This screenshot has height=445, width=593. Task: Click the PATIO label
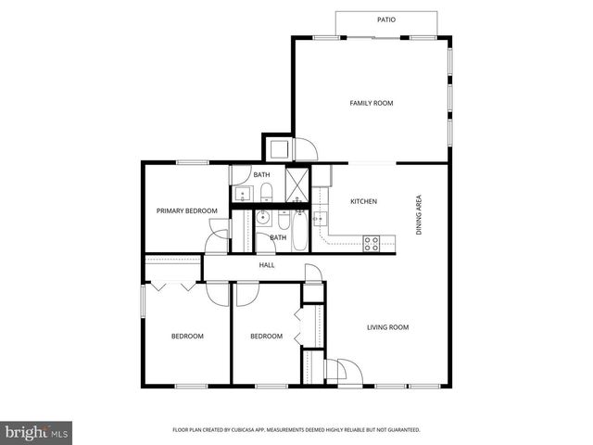386,19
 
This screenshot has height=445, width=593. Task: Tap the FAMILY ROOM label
371,103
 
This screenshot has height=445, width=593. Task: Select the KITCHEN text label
363,201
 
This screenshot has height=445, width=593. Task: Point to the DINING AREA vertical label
419,213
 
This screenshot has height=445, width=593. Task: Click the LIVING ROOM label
388,327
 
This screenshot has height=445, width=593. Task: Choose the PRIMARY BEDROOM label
186,211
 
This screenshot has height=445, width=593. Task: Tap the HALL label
267,265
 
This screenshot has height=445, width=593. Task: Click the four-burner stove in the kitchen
372,244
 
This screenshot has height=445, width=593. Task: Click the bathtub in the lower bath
300,232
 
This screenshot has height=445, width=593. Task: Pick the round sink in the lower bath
261,219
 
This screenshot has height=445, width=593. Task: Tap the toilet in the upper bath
266,192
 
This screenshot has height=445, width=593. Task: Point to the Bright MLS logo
36,431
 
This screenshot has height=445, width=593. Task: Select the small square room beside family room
278,148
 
